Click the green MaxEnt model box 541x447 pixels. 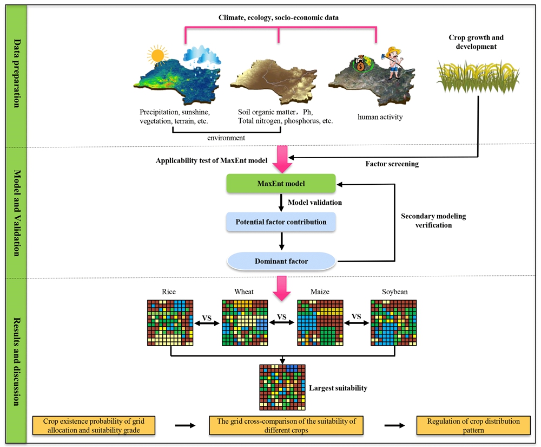tap(281, 184)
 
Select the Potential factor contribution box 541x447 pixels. tap(281, 222)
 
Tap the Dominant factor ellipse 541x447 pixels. tap(281, 261)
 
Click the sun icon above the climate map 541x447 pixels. tap(157, 55)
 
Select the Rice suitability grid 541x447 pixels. tap(170, 323)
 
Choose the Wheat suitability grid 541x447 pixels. tap(245, 323)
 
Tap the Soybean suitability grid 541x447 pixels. tap(393, 323)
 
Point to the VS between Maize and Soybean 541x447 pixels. tap(357, 316)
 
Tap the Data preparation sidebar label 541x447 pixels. tap(16, 73)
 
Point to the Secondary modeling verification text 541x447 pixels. tap(433, 221)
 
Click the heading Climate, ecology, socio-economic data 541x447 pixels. tap(279, 18)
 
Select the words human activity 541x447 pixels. tap(380, 116)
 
